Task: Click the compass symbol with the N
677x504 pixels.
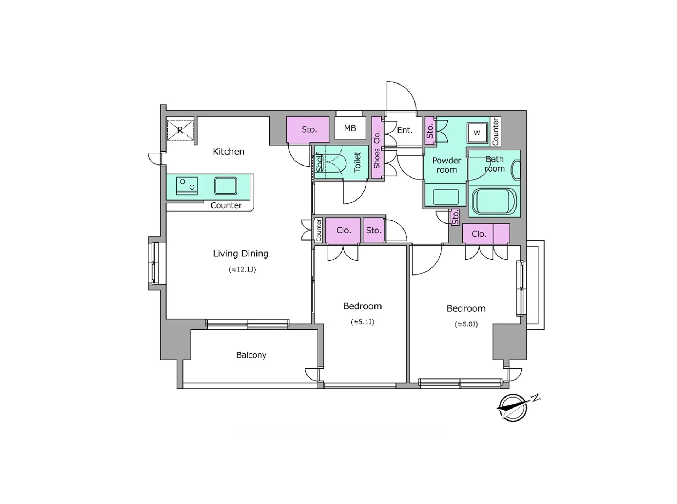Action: (513, 407)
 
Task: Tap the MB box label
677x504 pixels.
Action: (350, 128)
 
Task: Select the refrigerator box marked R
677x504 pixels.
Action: (180, 130)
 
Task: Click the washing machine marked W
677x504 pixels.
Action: (477, 133)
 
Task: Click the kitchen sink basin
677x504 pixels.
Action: (225, 186)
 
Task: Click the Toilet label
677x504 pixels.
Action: (357, 162)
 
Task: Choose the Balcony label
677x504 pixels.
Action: (251, 355)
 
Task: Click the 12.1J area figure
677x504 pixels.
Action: (242, 269)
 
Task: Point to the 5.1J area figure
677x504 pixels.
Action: (362, 322)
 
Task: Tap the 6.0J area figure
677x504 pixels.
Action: (466, 324)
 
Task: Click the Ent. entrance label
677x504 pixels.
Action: (405, 130)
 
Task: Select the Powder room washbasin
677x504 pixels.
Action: (446, 197)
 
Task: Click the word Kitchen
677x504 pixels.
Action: (229, 151)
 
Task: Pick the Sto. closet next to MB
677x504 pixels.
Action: (308, 129)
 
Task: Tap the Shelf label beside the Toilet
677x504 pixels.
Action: (320, 162)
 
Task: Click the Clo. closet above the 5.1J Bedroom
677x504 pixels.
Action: (343, 230)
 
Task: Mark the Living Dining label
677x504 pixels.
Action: (241, 254)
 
